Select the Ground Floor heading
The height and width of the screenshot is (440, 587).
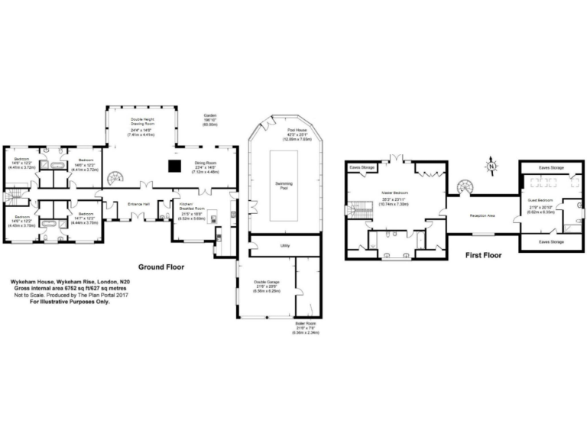163,267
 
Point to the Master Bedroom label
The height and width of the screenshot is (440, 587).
397,192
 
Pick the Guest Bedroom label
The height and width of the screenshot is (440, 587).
539,199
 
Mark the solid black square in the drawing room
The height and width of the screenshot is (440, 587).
175,164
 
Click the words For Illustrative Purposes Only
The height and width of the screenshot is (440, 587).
70,302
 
